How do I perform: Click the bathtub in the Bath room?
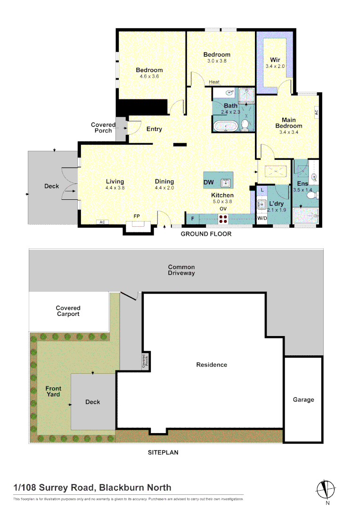click(x=225, y=126)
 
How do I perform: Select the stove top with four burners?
click(x=223, y=219)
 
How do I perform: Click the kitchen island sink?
click(x=226, y=182)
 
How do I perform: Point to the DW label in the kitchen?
click(x=209, y=182)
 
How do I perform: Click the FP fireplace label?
click(x=137, y=216)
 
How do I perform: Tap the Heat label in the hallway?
click(x=214, y=82)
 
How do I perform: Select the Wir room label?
click(x=275, y=60)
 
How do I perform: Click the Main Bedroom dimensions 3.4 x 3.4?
click(x=289, y=132)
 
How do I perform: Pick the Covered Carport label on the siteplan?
click(x=68, y=311)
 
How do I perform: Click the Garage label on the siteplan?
click(x=303, y=400)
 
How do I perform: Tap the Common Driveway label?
click(x=181, y=270)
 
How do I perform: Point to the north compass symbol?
click(x=326, y=489)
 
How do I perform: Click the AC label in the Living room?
click(x=101, y=222)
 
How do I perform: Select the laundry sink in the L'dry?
click(x=262, y=205)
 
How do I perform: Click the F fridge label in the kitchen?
click(x=192, y=219)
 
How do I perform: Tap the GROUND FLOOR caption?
click(x=206, y=234)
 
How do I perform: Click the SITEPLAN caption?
click(x=163, y=452)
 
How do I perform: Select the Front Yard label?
click(x=53, y=391)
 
